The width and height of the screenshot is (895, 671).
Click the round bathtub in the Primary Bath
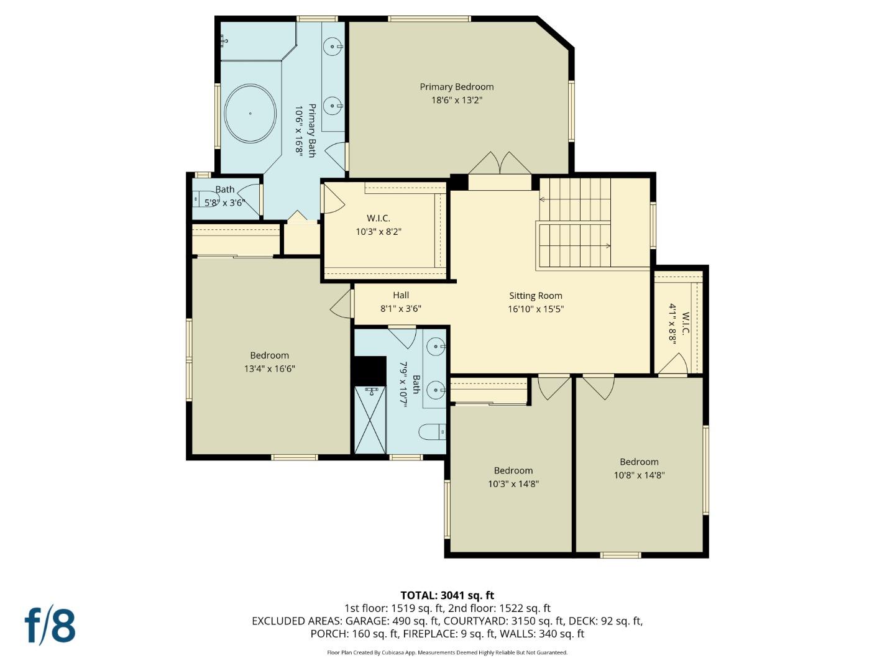tap(250, 114)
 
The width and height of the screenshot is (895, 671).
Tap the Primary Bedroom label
tap(457, 87)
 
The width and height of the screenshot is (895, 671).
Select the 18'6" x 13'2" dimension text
tap(457, 100)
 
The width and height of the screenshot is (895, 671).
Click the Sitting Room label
tap(535, 296)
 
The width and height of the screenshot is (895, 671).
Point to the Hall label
tap(401, 295)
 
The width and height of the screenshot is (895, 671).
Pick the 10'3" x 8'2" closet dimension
tap(379, 232)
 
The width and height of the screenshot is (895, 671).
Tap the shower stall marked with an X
tap(370, 420)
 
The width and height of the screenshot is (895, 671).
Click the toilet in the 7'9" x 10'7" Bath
tap(432, 432)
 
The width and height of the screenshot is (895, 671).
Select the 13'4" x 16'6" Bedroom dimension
tap(270, 368)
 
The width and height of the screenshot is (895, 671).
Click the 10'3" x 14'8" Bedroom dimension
tap(513, 484)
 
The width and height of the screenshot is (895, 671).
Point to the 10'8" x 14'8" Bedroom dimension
tap(640, 475)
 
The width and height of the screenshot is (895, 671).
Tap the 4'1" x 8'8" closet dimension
tap(672, 324)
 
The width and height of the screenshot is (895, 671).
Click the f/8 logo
tap(50, 626)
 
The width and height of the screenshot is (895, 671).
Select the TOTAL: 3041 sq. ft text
tap(447, 595)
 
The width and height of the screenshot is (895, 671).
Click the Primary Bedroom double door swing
tap(500, 163)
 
